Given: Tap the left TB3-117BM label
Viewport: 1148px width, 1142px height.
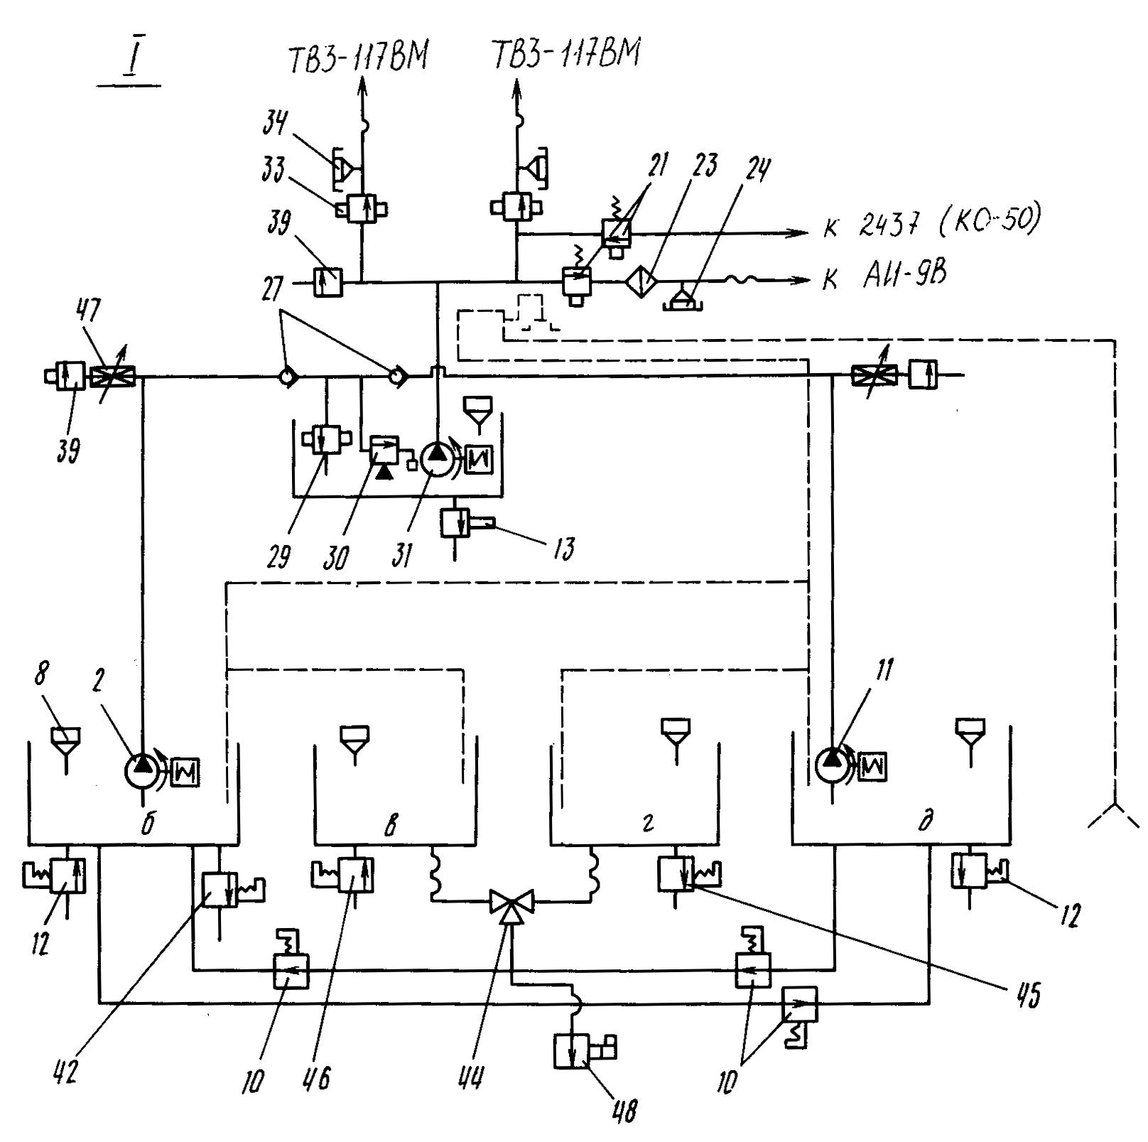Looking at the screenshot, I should pyautogui.click(x=358, y=57).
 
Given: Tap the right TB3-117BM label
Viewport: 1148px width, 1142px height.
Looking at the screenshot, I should pyautogui.click(x=567, y=54).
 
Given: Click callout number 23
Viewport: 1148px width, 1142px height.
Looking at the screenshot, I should pyautogui.click(x=705, y=165).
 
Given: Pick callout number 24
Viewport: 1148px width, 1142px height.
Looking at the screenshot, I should pyautogui.click(x=758, y=169).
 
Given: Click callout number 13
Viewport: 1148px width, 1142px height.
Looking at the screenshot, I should pyautogui.click(x=563, y=549).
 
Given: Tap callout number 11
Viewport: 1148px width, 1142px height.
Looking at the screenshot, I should pyautogui.click(x=884, y=669).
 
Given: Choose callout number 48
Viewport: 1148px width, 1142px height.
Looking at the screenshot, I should pyautogui.click(x=624, y=1110).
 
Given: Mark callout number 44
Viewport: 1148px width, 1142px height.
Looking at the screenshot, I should pyautogui.click(x=470, y=1077).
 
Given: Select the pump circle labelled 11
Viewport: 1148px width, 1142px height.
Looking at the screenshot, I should pyautogui.click(x=832, y=763).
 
